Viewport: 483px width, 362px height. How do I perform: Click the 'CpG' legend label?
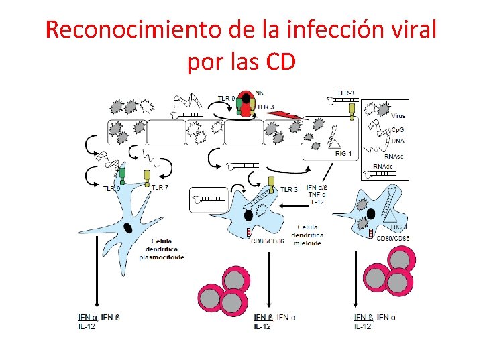[x=398, y=132]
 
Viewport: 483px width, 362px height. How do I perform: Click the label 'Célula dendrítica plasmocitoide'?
[x=161, y=249]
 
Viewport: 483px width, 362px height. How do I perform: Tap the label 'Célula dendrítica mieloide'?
[x=307, y=235]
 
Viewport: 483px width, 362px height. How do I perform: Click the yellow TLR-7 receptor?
[x=148, y=177]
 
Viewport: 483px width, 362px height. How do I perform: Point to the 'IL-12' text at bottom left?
[x=87, y=326]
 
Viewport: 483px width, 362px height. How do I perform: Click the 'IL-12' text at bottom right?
[x=362, y=326]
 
